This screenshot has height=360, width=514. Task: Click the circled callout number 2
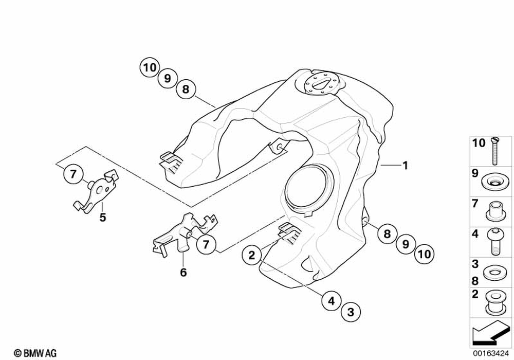(x=251, y=255)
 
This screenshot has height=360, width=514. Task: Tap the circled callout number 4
(x=332, y=300)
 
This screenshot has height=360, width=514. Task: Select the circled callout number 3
(x=351, y=311)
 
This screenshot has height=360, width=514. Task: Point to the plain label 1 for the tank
(x=405, y=166)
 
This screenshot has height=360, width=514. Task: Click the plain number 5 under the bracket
(x=103, y=218)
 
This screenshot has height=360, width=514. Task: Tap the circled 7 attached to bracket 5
(x=73, y=175)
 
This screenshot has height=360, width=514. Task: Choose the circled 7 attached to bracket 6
(x=206, y=244)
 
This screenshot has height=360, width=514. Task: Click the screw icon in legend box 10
(x=495, y=149)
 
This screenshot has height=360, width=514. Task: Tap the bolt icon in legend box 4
(x=495, y=241)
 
